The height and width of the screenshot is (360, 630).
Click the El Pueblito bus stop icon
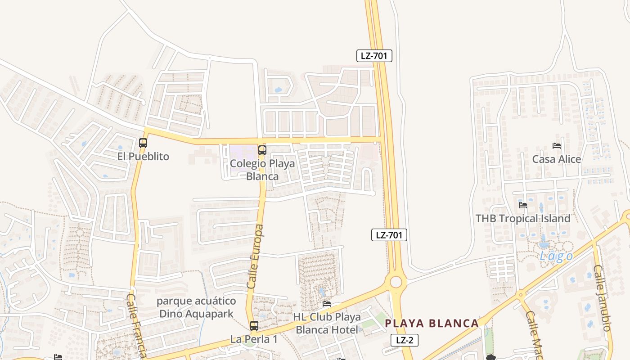143,143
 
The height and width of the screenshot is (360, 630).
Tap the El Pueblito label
143,157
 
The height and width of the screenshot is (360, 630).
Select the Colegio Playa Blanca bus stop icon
262,150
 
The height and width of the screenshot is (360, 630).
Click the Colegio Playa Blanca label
262,170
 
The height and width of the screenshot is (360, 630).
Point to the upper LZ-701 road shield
374,56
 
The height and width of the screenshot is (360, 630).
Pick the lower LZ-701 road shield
389,234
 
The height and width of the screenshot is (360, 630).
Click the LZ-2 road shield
404,340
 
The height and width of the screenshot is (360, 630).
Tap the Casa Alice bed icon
557,146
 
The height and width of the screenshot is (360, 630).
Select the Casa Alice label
557,159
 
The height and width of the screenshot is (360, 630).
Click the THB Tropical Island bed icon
523,205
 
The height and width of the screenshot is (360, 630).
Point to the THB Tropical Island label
523,219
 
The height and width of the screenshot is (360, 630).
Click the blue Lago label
557,256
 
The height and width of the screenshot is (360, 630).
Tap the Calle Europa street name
256,256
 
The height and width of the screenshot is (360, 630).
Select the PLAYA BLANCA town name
432,323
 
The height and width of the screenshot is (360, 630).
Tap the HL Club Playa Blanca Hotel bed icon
327,304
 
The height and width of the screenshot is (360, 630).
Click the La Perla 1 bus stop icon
254,326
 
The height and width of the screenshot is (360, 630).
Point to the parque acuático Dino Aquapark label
196,307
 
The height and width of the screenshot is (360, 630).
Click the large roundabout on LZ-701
396,282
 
